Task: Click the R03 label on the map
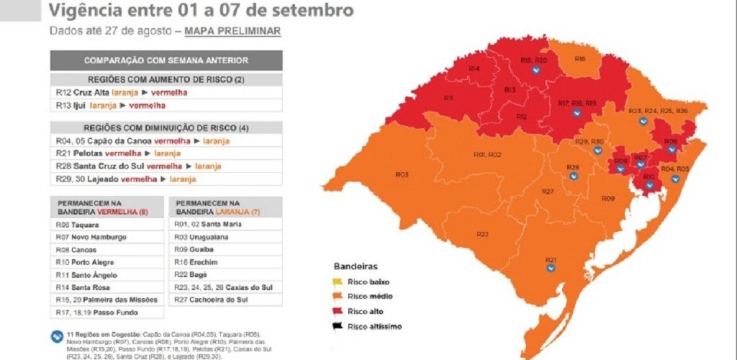(x=402, y=175)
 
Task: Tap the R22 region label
(x=482, y=234)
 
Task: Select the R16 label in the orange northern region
(x=580, y=58)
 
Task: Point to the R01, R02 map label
(x=487, y=155)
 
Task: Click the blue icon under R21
(x=551, y=267)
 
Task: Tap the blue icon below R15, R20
(x=535, y=71)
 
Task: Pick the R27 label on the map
(x=548, y=192)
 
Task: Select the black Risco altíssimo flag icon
(x=337, y=326)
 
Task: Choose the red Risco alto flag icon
(x=337, y=311)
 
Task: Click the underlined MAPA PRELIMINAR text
(x=232, y=31)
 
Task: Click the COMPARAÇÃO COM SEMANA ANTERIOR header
(x=166, y=60)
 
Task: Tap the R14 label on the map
(x=474, y=68)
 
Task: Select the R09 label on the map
(x=607, y=198)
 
